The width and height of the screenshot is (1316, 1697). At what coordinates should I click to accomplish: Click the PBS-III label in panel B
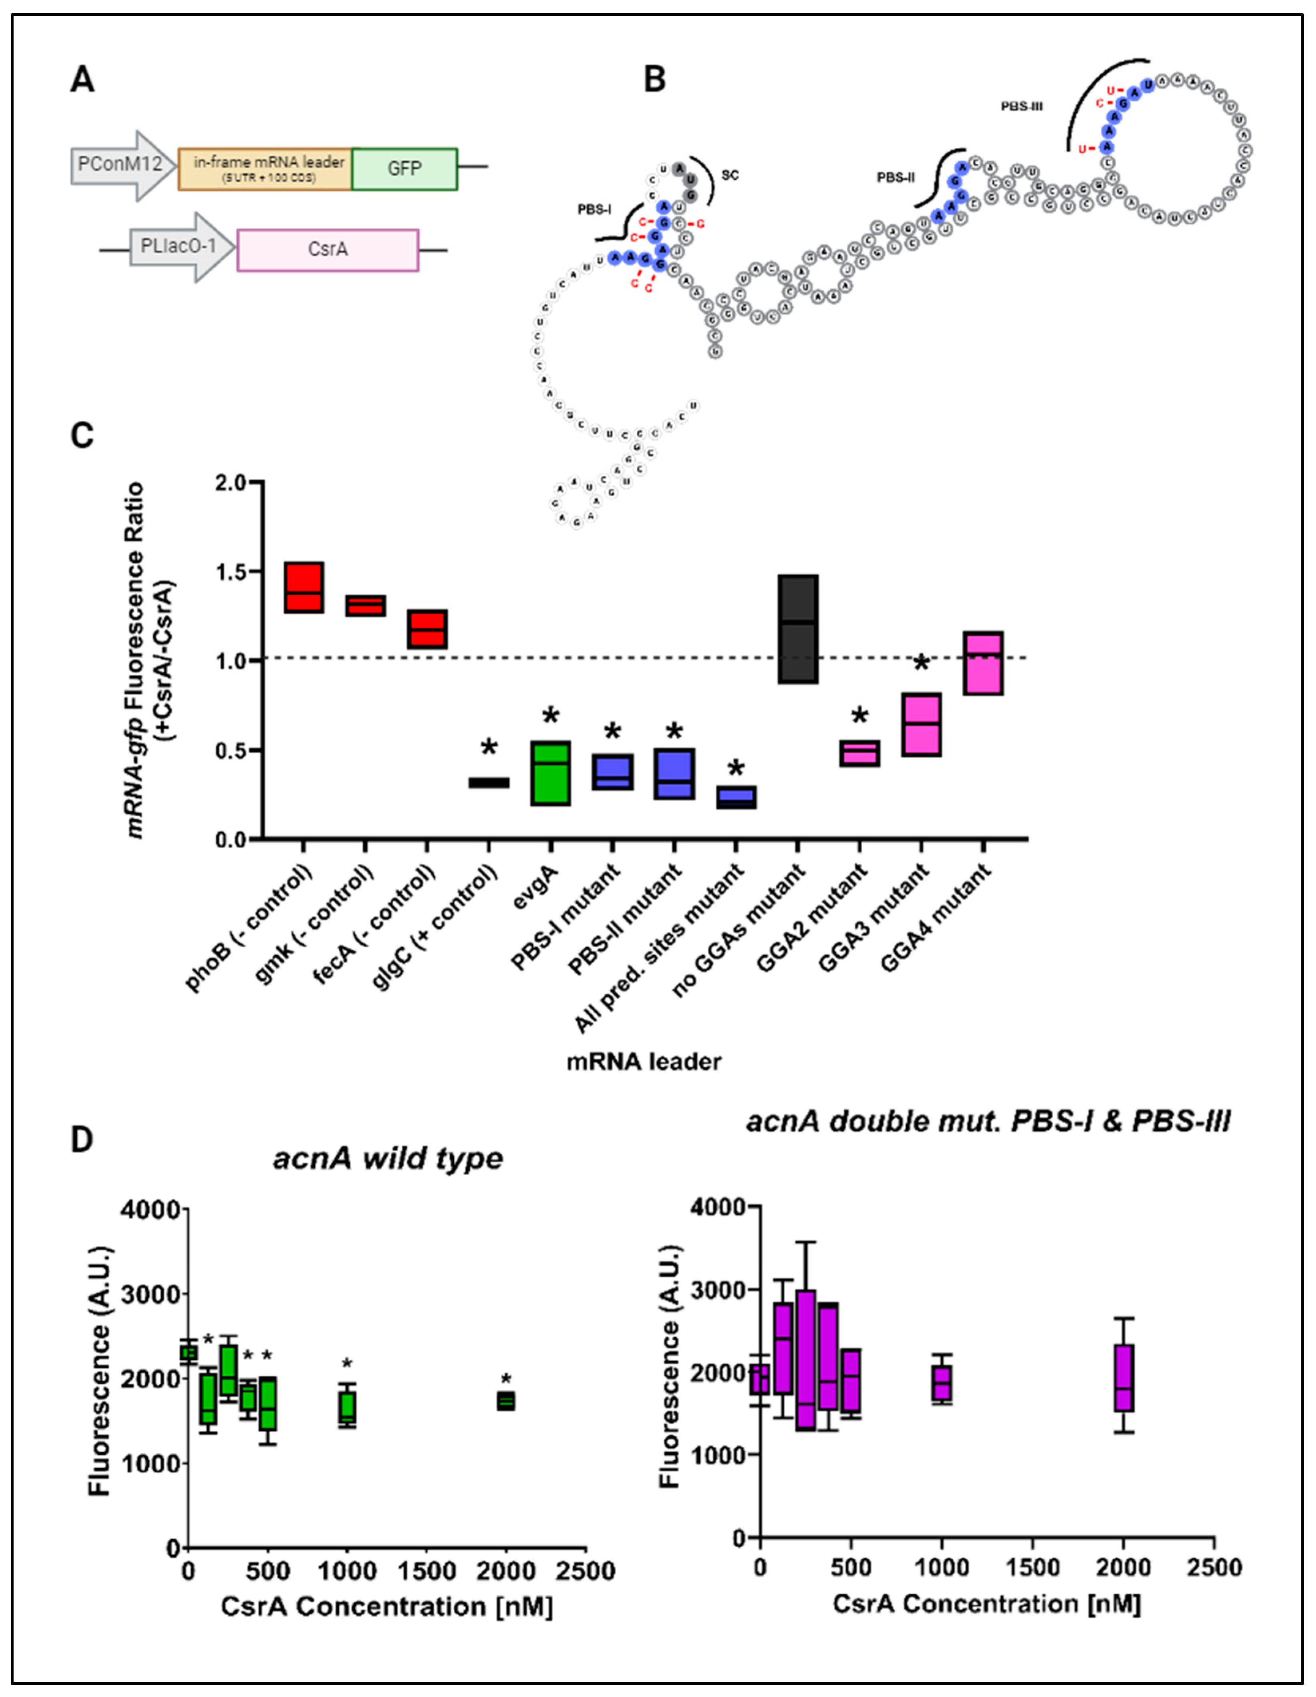pos(1021,107)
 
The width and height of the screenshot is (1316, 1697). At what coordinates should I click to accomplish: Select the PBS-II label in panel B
pos(895,178)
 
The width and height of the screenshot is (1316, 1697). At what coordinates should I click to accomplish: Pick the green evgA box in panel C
pos(550,773)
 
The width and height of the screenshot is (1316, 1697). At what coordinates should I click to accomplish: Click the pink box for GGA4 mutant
pos(983,663)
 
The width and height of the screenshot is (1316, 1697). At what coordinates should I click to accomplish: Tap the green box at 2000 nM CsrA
pos(506,1400)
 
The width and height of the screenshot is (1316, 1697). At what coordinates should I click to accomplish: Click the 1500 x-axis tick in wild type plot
pos(427,1571)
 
